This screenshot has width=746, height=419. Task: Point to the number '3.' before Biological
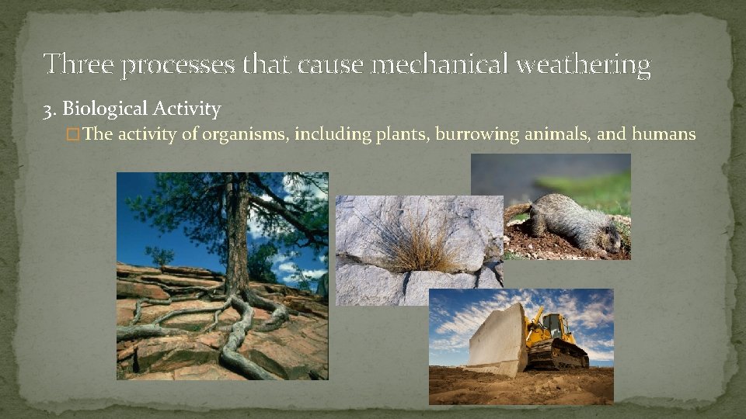50,109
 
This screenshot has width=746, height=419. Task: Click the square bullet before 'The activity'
73,135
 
